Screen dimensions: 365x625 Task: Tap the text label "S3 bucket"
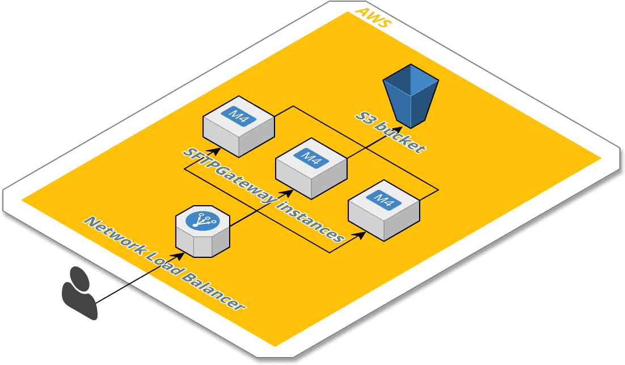pos(390,132)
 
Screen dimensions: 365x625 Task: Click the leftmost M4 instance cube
pos(239,126)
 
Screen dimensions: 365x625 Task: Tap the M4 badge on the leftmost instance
pos(239,116)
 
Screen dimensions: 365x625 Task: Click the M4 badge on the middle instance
pos(311,158)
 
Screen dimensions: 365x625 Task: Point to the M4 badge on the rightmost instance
pos(384,200)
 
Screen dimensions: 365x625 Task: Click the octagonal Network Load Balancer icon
pos(202,231)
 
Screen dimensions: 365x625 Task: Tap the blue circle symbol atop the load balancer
pos(202,220)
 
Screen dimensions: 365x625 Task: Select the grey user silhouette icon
pos(79,293)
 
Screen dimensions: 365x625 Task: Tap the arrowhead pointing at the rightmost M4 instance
pos(361,233)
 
